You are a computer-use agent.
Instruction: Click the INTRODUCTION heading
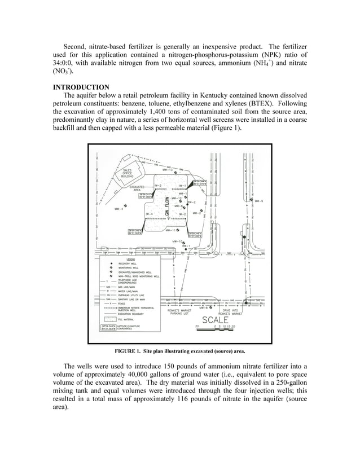81,87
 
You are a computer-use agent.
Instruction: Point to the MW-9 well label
259,201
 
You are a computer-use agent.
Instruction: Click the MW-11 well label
170,230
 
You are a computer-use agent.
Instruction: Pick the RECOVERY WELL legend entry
126,263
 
